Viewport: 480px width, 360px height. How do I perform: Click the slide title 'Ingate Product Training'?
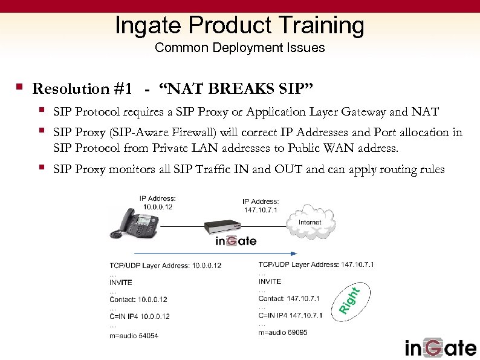click(x=239, y=25)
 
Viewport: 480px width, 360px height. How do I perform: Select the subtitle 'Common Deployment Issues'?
click(x=239, y=48)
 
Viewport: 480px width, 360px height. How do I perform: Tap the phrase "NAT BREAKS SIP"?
click(x=236, y=89)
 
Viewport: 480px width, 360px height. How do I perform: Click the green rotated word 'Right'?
click(x=349, y=301)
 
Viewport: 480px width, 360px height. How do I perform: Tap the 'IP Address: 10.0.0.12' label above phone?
click(x=158, y=202)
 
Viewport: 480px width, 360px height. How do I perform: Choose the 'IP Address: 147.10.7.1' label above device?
click(x=261, y=206)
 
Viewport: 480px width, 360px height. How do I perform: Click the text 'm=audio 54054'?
click(x=134, y=335)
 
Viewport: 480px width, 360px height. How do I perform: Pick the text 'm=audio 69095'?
click(x=283, y=332)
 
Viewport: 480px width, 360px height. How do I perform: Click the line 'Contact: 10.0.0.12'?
click(x=138, y=299)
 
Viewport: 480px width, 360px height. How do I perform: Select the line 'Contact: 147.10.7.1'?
click(x=289, y=298)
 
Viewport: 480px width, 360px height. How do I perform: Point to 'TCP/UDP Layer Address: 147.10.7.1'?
click(x=316, y=264)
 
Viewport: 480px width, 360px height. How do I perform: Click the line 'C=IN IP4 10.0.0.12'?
click(x=139, y=316)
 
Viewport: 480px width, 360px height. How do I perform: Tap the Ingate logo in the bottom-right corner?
click(x=441, y=348)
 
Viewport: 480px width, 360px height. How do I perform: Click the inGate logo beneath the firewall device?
click(x=236, y=241)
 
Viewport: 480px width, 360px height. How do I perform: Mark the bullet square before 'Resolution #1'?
click(x=20, y=88)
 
